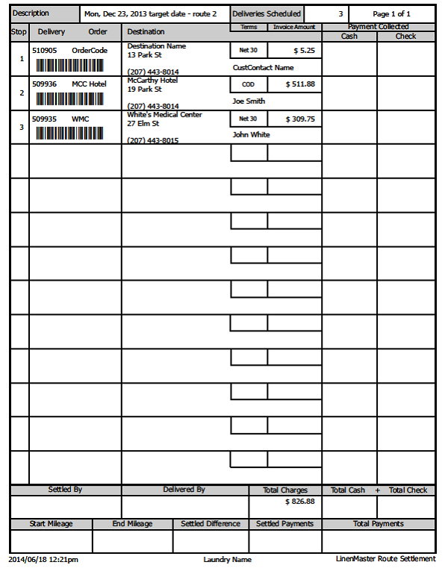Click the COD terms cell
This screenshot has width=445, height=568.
249,84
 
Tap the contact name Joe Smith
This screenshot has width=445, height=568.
249,102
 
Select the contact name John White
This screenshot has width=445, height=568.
251,135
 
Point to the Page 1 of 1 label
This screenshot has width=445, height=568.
391,14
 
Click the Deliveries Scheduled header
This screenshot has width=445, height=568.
267,14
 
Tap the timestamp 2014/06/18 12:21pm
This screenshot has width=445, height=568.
43,559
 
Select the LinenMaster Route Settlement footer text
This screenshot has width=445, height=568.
385,558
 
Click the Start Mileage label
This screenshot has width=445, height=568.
51,524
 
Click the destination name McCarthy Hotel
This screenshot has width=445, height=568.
152,81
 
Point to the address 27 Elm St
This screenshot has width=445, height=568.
143,124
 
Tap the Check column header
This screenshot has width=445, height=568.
405,36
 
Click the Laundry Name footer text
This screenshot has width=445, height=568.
227,559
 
